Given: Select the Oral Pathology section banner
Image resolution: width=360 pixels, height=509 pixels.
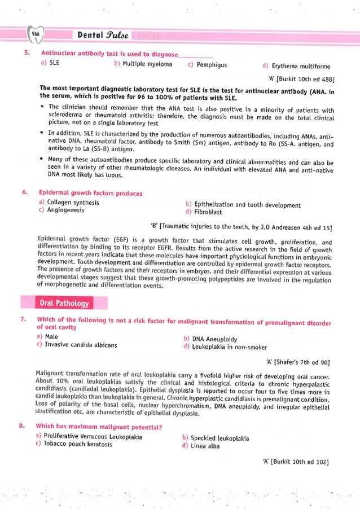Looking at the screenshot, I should click(56, 304).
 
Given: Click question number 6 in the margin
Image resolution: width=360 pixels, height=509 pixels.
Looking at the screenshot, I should click(25, 193).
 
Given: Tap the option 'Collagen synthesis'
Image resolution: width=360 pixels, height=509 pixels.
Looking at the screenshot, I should click(68, 202).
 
